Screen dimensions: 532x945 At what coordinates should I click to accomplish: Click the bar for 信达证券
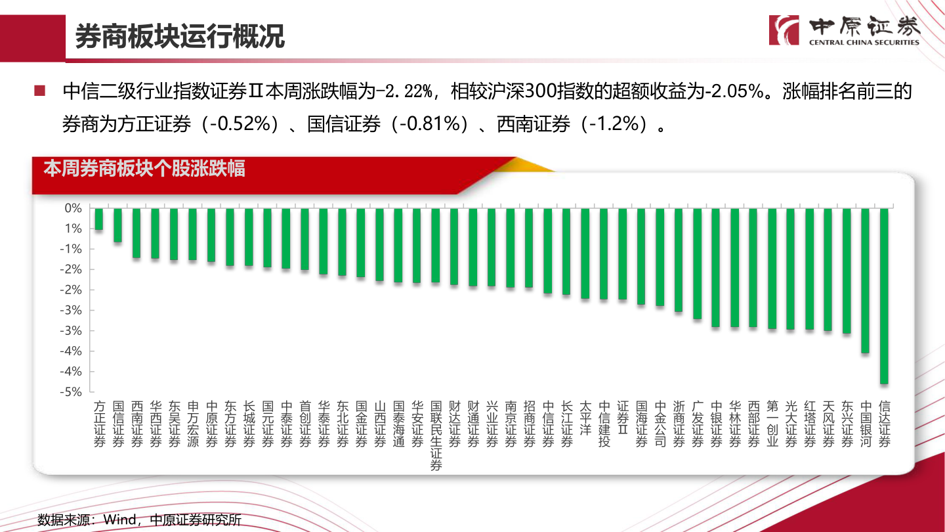884,296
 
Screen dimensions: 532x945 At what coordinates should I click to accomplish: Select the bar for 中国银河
866,280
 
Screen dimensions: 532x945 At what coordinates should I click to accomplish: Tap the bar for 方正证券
99,219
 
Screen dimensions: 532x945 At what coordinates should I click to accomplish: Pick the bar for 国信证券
117,225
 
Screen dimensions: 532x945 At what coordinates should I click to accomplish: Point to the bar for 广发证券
698,263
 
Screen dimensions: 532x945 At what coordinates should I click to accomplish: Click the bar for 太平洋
585,253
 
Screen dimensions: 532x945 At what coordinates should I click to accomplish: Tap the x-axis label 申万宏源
193,424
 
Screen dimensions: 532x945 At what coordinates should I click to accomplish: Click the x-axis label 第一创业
772,424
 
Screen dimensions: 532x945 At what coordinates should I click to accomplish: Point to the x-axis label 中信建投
604,424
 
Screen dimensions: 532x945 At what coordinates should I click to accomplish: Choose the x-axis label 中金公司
660,424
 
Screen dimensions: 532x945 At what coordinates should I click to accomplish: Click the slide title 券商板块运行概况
180,37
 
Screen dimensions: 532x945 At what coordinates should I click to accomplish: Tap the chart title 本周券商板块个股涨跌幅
144,169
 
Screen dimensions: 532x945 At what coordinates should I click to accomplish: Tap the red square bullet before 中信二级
41,91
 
